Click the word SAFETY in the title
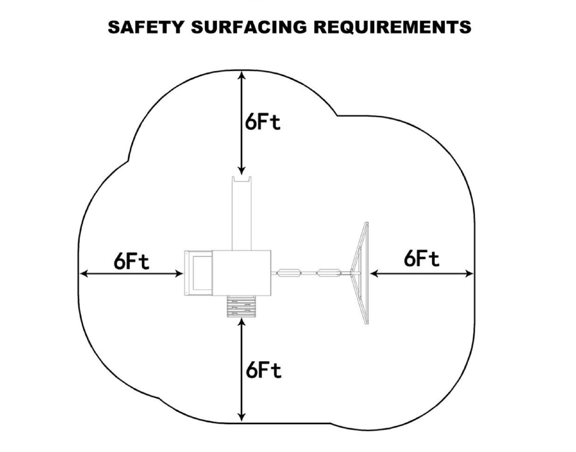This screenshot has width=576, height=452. pyautogui.click(x=146, y=27)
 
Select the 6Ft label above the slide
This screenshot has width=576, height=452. pyautogui.click(x=263, y=122)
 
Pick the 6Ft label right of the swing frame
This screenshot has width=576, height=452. pyautogui.click(x=421, y=259)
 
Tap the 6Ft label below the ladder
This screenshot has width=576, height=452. pyautogui.click(x=263, y=370)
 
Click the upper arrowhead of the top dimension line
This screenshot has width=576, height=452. pyautogui.click(x=242, y=75)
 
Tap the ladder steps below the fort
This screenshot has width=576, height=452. pyautogui.click(x=242, y=307)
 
